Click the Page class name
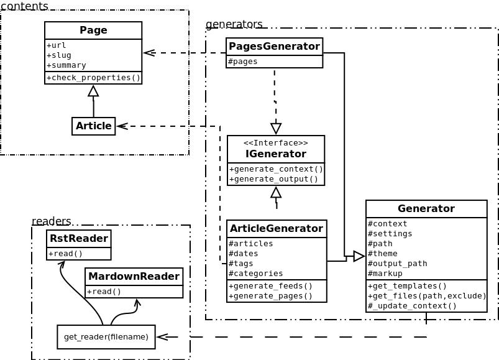(x=93, y=30)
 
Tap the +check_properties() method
(x=93, y=78)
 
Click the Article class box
(x=94, y=126)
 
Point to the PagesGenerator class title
(x=274, y=47)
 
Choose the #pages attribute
(x=243, y=62)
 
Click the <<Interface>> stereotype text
(x=275, y=143)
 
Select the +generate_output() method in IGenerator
(x=273, y=179)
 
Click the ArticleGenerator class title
(x=277, y=229)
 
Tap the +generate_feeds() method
(x=271, y=286)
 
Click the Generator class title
(x=426, y=209)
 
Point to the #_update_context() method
(x=412, y=306)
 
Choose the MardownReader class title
(x=134, y=277)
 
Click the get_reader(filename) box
(x=106, y=337)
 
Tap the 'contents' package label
(x=25, y=6)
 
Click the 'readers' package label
(x=52, y=221)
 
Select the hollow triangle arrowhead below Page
(x=93, y=91)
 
